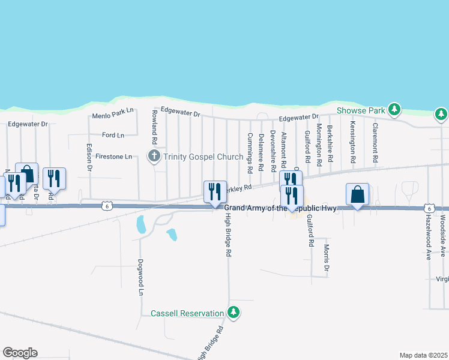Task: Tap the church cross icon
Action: click(154, 157)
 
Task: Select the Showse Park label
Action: click(360, 110)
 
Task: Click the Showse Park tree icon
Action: click(394, 109)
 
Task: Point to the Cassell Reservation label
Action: click(187, 313)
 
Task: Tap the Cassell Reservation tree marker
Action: click(234, 313)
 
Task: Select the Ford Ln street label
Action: click(113, 135)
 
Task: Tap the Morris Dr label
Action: click(327, 257)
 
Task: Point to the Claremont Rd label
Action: click(375, 143)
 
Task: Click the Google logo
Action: click(20, 353)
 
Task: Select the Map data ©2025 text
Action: click(423, 355)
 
